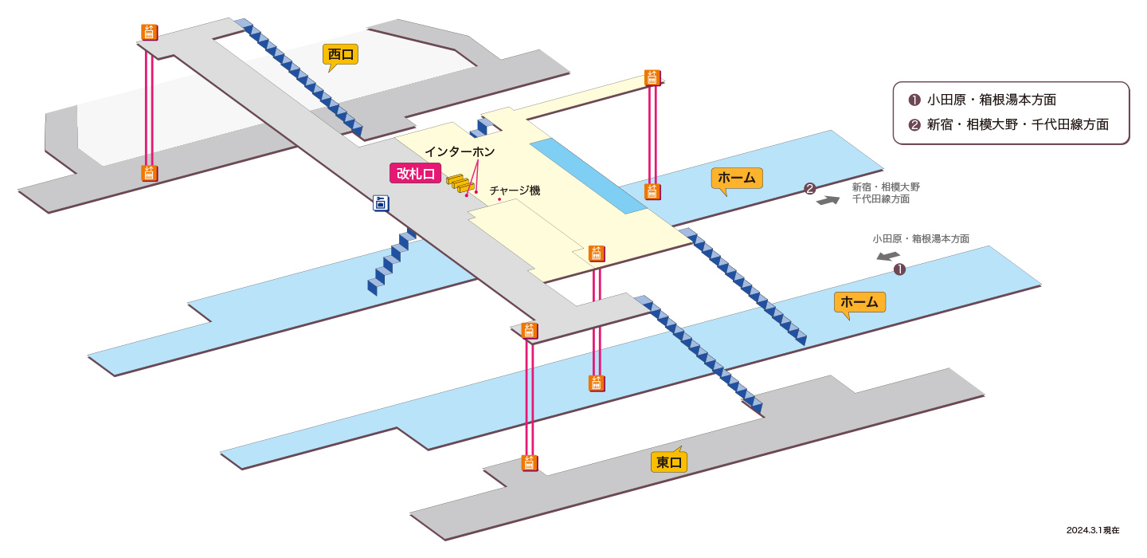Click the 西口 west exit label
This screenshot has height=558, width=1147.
[x=341, y=55]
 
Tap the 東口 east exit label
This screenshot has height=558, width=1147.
[x=669, y=462]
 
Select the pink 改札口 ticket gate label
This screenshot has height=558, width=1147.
[x=415, y=174]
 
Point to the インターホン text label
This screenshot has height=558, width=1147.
[x=460, y=151]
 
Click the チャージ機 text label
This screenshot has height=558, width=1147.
[x=515, y=191]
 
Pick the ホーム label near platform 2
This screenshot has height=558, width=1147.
[x=737, y=179]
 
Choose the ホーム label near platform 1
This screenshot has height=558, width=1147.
[x=859, y=302]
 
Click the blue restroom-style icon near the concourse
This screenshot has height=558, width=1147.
[x=381, y=203]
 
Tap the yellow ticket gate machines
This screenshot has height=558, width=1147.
[x=460, y=183]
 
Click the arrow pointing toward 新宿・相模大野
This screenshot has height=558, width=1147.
[x=828, y=200]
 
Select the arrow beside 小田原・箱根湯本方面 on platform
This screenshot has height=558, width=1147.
[x=888, y=256]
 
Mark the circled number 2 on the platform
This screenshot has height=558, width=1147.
[x=809, y=189]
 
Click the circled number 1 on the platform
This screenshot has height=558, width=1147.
[x=899, y=269]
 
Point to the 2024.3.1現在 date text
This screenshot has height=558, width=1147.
[x=1093, y=530]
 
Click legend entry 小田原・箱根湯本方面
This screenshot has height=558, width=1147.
[x=982, y=100]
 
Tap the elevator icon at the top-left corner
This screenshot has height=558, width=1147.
[x=150, y=32]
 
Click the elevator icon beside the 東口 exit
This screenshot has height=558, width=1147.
[x=530, y=463]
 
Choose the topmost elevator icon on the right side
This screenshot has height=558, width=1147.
[x=652, y=78]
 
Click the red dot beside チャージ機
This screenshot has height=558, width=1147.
[x=499, y=198]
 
